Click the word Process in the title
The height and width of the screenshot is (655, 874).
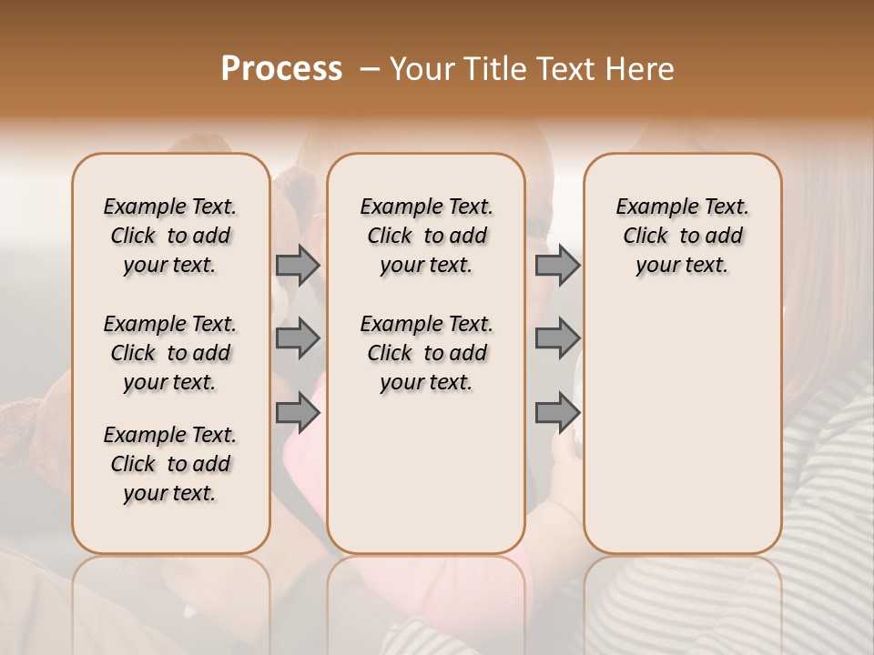[281, 68]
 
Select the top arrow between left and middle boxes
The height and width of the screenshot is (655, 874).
[298, 265]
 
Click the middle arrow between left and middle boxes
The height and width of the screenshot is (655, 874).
[298, 339]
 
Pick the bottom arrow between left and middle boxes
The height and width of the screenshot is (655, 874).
[298, 412]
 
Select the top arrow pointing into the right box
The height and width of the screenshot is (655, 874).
[557, 265]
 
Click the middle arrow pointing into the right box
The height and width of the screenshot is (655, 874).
[557, 339]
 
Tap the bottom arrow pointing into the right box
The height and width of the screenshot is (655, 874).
[557, 412]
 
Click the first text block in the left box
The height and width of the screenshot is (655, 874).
[170, 236]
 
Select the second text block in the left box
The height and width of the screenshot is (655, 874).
[170, 353]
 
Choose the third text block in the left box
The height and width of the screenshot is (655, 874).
[170, 464]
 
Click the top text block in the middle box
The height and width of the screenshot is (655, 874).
[426, 236]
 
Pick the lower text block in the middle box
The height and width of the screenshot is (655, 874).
[426, 353]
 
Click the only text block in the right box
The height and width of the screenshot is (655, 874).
[683, 236]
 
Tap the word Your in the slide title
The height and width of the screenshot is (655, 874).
[422, 68]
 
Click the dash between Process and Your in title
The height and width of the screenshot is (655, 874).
[369, 69]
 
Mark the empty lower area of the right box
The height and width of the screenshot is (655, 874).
[683, 428]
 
